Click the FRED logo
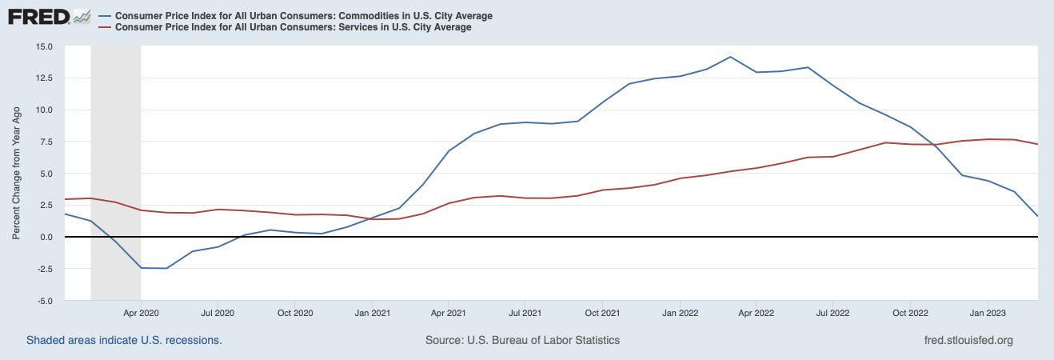(38, 16)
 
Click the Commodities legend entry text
(304, 16)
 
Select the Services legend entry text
(293, 27)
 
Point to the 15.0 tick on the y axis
(42, 46)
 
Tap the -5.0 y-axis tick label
(43, 301)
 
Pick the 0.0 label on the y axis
(46, 237)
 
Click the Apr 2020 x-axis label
(141, 312)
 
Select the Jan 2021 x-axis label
(373, 312)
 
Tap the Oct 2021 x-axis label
(603, 312)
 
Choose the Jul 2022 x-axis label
(832, 312)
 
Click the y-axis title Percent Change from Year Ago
(16, 174)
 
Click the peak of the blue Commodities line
(730, 57)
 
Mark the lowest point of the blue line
(166, 268)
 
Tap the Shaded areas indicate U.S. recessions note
(124, 340)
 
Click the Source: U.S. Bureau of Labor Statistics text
(522, 340)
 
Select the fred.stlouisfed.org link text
(968, 340)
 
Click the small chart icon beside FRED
(82, 16)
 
